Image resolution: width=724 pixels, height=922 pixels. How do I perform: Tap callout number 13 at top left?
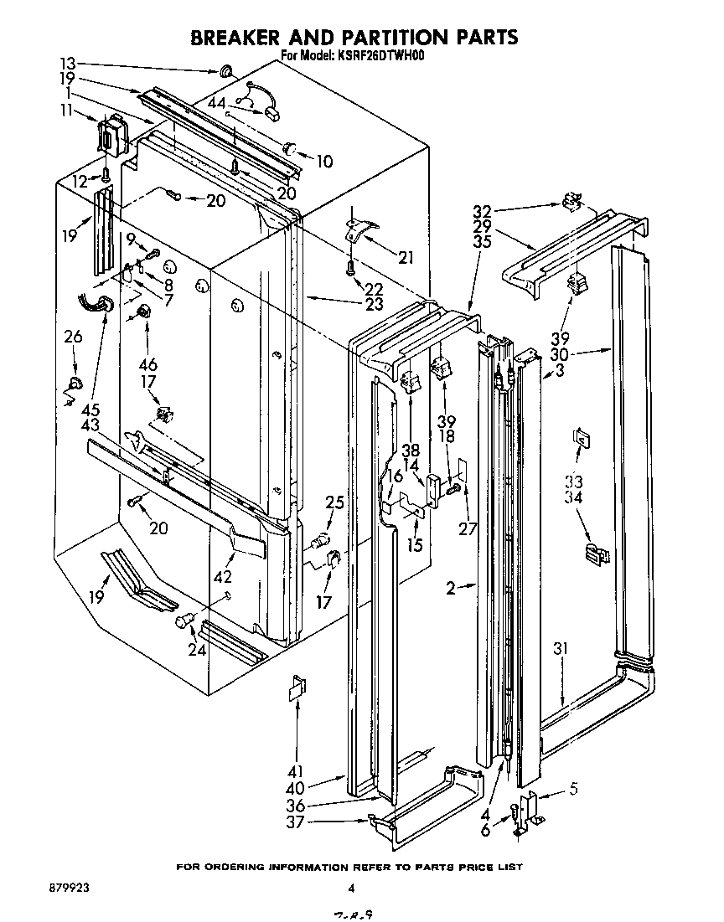click(68, 63)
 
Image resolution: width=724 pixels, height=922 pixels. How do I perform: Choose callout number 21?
click(406, 258)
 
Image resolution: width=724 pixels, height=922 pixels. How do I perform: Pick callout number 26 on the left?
click(73, 337)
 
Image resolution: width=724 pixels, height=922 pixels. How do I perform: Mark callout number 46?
click(147, 365)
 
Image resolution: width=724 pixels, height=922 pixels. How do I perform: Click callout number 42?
click(224, 577)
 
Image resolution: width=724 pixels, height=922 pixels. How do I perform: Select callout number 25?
click(335, 502)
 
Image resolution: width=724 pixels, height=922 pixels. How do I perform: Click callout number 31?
click(561, 648)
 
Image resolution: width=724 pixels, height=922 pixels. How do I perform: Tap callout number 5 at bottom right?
click(572, 787)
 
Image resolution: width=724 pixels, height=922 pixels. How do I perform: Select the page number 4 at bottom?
click(353, 889)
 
